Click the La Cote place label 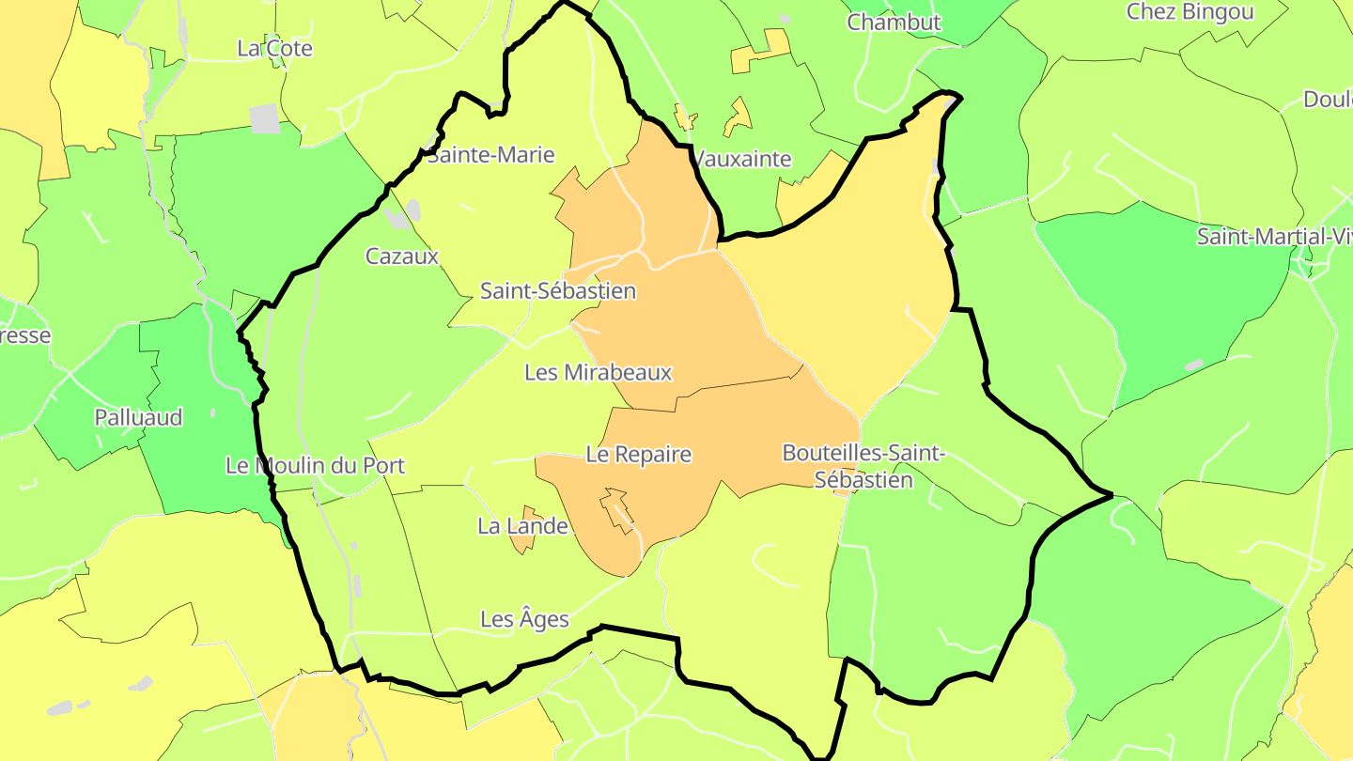(x=274, y=48)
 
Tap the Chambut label (x=894, y=22)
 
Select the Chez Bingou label (x=1190, y=11)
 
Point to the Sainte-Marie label (x=490, y=155)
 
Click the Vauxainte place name (x=742, y=159)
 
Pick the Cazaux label (x=402, y=256)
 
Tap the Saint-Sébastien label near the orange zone (x=558, y=290)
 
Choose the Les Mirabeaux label (x=599, y=372)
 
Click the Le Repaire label (x=638, y=455)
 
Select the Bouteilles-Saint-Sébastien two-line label (x=863, y=466)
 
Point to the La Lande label (x=522, y=526)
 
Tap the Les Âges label (x=524, y=619)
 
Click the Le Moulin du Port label (x=316, y=465)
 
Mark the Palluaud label (x=138, y=417)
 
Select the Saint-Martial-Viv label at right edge (x=1273, y=237)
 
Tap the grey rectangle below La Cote (x=265, y=118)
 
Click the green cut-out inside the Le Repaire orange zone (x=618, y=507)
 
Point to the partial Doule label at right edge (x=1327, y=100)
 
